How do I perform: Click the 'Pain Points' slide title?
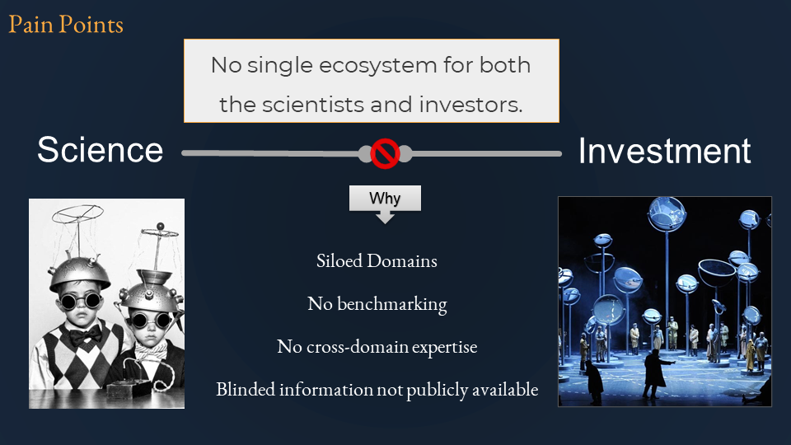point(66,24)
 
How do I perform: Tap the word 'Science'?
point(100,150)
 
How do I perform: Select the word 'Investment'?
point(664,151)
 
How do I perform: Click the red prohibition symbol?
point(385,153)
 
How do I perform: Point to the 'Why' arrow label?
point(385,199)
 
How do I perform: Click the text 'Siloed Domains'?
point(377,261)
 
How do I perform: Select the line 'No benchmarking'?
point(377,304)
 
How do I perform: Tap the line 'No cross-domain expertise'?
point(377,347)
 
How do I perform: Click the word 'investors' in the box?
point(470,105)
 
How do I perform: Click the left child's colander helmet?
point(79,274)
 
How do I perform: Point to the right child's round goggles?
point(150,321)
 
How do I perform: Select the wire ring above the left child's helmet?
point(77,214)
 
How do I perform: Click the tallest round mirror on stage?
point(667,213)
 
